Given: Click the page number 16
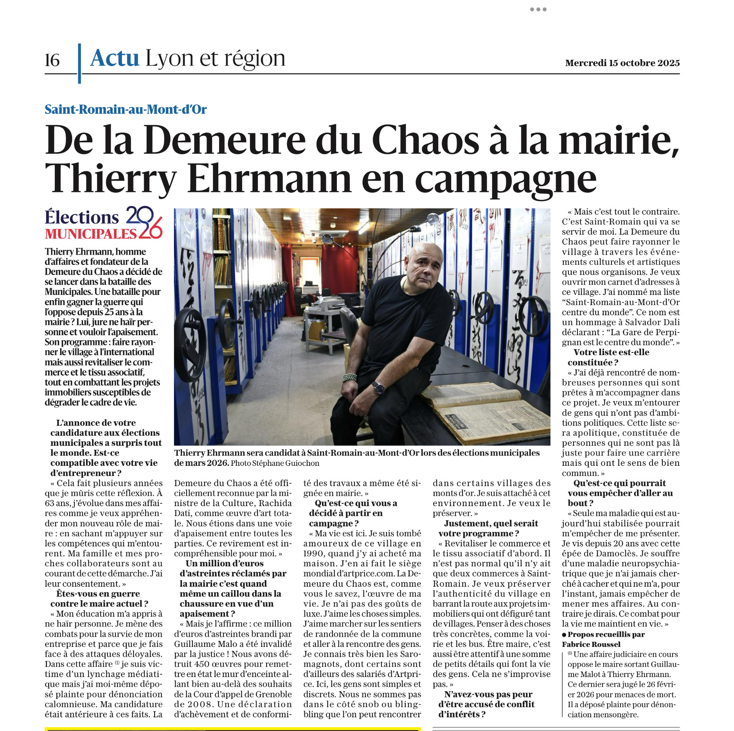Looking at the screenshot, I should [52, 60].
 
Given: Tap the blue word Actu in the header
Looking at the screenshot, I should [115, 58].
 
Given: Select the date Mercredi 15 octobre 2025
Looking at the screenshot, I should [622, 63].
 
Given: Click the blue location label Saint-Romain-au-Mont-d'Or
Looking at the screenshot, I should [126, 110].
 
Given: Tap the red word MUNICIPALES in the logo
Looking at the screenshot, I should [90, 234].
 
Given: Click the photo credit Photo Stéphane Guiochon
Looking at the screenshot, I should [275, 463].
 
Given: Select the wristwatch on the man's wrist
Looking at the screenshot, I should [378, 388].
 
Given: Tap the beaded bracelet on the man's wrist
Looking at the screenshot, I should [349, 377].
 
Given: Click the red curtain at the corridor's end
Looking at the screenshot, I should [340, 270].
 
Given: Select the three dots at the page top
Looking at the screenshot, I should [538, 9].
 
